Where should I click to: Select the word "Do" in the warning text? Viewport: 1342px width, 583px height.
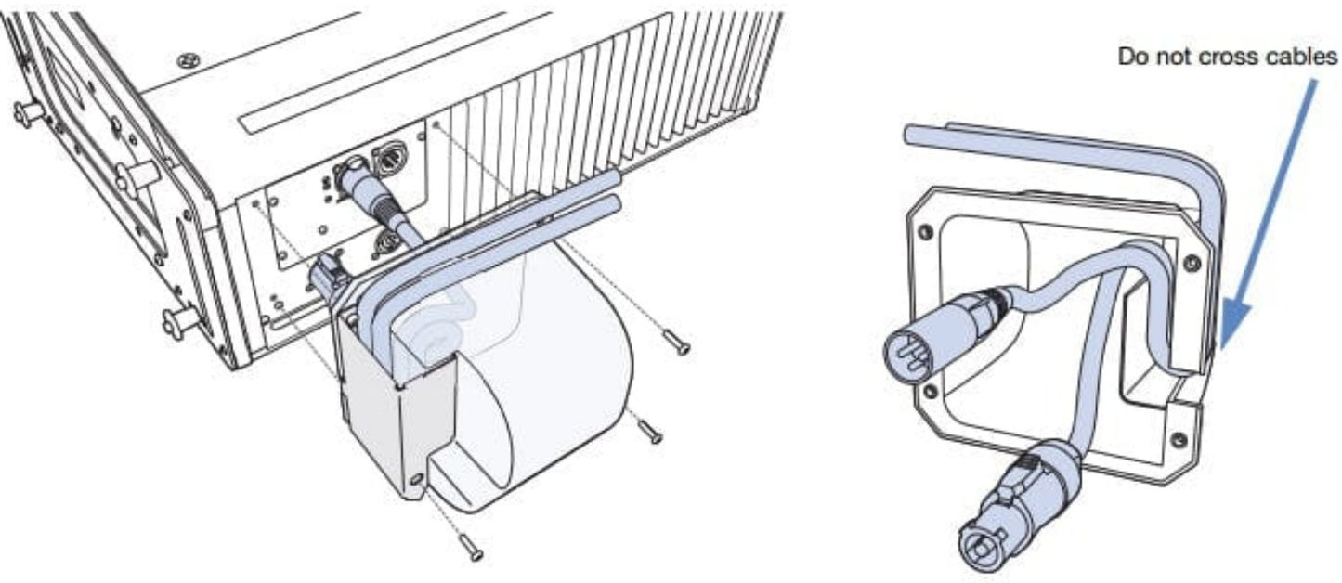click(x=1132, y=57)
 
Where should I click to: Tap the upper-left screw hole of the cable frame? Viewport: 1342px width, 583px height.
click(x=926, y=231)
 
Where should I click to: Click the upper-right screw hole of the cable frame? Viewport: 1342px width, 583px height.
click(x=1192, y=263)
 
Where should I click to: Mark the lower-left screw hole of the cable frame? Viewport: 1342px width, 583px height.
click(x=930, y=392)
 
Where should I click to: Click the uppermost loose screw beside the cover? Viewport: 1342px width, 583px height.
click(x=676, y=343)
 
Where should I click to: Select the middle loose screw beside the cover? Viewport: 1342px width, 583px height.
click(x=649, y=431)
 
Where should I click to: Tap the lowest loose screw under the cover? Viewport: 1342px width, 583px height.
click(x=471, y=547)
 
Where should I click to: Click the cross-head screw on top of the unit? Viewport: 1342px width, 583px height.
click(x=189, y=59)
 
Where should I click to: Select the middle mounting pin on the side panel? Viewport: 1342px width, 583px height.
click(x=137, y=177)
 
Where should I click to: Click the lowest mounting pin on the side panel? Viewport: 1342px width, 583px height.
click(x=180, y=322)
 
